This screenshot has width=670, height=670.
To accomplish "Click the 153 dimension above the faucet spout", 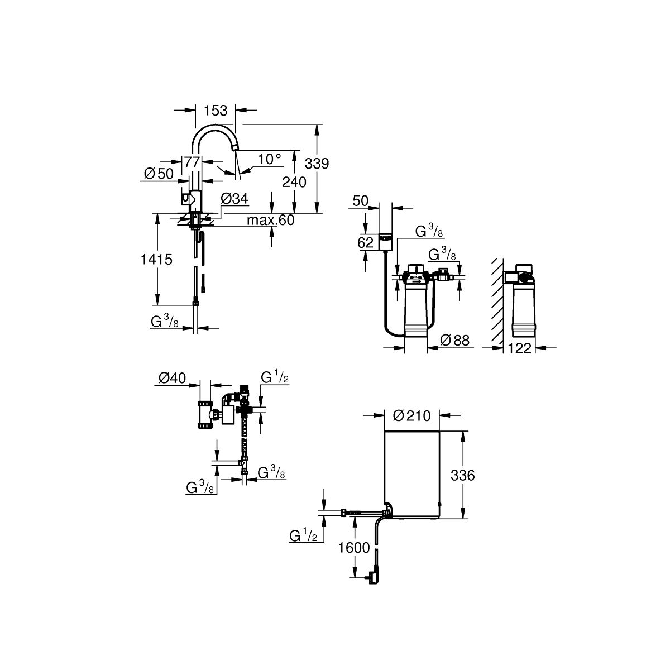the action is click(215, 111).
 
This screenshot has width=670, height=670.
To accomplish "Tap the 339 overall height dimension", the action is click(317, 163).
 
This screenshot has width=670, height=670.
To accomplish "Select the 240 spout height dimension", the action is click(294, 182).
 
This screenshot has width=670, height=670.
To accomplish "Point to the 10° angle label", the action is click(269, 159).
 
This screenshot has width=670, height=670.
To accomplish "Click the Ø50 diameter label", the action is click(159, 174).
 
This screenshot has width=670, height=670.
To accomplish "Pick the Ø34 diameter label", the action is click(234, 199).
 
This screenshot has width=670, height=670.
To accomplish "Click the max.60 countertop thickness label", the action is click(270, 220).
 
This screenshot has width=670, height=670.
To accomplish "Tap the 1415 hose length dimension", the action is click(156, 259).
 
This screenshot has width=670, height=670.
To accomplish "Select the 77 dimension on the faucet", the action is click(192, 162).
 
